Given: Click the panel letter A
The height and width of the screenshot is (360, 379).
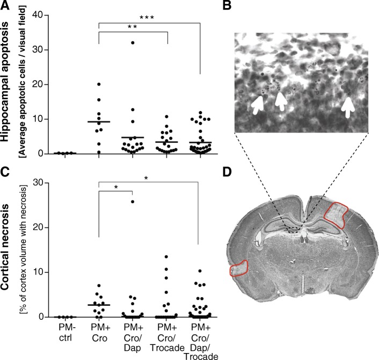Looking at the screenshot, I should tap(6, 6).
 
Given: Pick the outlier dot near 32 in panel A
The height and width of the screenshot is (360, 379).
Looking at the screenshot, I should tap(134, 42).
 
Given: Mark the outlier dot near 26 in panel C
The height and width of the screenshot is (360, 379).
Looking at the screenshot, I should tap(134, 201).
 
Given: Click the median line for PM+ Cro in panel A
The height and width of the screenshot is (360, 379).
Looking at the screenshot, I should tap(99, 122).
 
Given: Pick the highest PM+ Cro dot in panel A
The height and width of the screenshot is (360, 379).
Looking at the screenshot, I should tap(99, 84).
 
